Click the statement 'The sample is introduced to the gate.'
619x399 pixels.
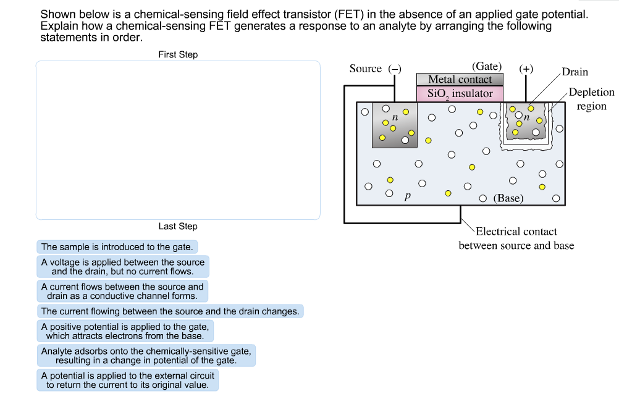click(117, 247)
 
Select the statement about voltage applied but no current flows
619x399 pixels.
click(122, 267)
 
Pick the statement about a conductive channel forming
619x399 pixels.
click(122, 291)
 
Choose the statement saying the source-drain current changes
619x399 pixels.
click(170, 311)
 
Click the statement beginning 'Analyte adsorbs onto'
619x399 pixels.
click(146, 356)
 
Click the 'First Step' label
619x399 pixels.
click(178, 54)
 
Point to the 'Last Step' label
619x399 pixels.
click(178, 226)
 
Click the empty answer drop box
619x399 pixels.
click(178, 140)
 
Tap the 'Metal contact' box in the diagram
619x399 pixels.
click(460, 80)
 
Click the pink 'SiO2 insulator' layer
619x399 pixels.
click(460, 94)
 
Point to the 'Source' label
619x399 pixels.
click(366, 69)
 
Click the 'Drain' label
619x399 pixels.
click(575, 72)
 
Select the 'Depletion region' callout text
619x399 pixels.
click(591, 99)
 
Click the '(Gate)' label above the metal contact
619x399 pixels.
click(487, 67)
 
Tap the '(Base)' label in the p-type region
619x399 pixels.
click(508, 198)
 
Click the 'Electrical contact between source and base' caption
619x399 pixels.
click(516, 239)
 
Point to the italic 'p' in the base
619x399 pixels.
click(406, 197)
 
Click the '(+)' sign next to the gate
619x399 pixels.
click(526, 69)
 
